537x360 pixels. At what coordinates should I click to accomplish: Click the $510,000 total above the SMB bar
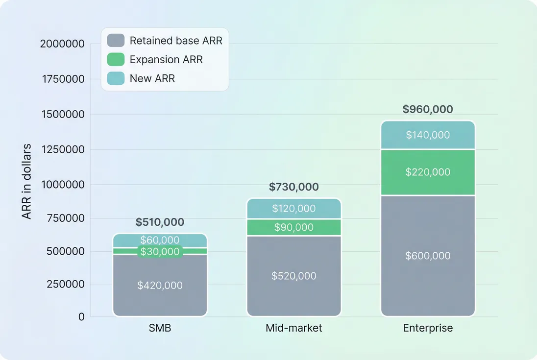coord(160,222)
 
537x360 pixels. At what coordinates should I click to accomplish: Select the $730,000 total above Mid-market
coord(294,187)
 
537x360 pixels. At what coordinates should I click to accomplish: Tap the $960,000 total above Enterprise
coord(428,109)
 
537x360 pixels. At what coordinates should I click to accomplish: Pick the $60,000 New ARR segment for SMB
coord(160,240)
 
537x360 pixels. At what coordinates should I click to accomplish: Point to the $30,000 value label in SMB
coord(160,252)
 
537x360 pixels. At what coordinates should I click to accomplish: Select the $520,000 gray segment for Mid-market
coord(294,276)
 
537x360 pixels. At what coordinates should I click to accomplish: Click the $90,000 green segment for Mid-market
coord(294,227)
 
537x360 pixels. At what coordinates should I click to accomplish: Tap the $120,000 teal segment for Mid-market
coord(294,209)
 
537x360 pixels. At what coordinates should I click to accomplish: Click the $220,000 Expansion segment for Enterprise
coord(428,172)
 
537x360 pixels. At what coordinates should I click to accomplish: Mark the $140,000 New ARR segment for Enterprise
coord(428,135)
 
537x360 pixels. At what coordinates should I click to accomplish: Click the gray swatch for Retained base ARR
coord(116,41)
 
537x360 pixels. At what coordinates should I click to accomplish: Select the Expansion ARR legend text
coord(166,60)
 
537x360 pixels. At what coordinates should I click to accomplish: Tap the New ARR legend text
coord(152,78)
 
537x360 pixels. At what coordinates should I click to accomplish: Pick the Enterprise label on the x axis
coord(428,328)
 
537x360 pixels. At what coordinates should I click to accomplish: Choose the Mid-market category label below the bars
coord(294,328)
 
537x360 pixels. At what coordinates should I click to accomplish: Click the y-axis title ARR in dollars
coord(27,181)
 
